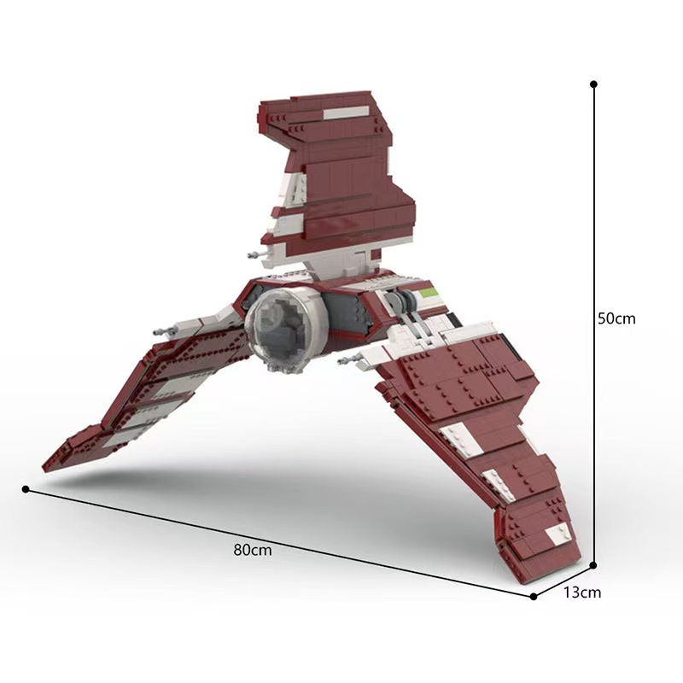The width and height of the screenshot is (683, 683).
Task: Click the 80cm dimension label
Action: click(x=252, y=551)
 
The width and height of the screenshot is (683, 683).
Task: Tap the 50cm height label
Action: click(x=616, y=318)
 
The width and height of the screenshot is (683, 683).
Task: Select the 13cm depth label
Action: click(x=583, y=593)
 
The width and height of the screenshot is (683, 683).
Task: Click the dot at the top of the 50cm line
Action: click(x=593, y=85)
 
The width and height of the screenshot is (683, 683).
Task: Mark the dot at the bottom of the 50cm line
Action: click(x=593, y=564)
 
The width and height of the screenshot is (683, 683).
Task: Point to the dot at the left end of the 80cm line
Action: click(x=26, y=489)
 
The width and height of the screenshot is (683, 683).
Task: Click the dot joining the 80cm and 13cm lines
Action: click(x=534, y=596)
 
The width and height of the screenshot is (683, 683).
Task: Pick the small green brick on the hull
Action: click(x=431, y=292)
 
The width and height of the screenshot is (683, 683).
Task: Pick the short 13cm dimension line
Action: click(x=563, y=581)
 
